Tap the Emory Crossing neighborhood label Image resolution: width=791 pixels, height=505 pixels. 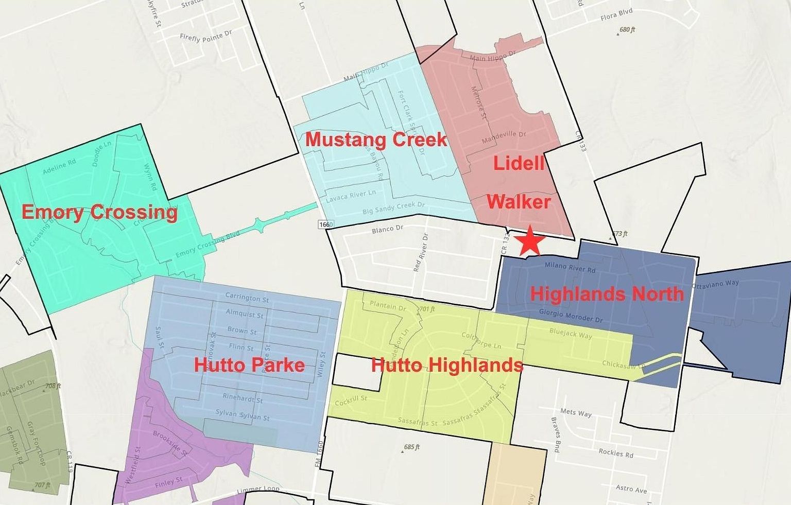99,212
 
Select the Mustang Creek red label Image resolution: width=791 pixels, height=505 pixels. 376,140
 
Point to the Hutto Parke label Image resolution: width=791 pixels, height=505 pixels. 249,365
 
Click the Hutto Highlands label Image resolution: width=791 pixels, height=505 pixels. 447,365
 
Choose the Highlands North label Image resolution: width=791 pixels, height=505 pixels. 607,293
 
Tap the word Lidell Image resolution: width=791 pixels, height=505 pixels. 519,163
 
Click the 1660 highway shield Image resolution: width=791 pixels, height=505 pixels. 326,224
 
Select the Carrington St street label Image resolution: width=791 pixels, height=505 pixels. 247,298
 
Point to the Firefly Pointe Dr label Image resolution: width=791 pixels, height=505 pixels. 206,36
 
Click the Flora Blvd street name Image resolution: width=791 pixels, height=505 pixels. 616,15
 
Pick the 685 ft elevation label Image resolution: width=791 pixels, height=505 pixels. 411,447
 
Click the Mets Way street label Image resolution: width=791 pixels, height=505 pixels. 576,412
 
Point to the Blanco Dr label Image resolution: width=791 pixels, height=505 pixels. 387,229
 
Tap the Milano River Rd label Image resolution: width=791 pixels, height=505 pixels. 570,267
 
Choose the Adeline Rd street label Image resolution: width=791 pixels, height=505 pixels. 59,166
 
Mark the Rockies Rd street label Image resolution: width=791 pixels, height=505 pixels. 616,453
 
